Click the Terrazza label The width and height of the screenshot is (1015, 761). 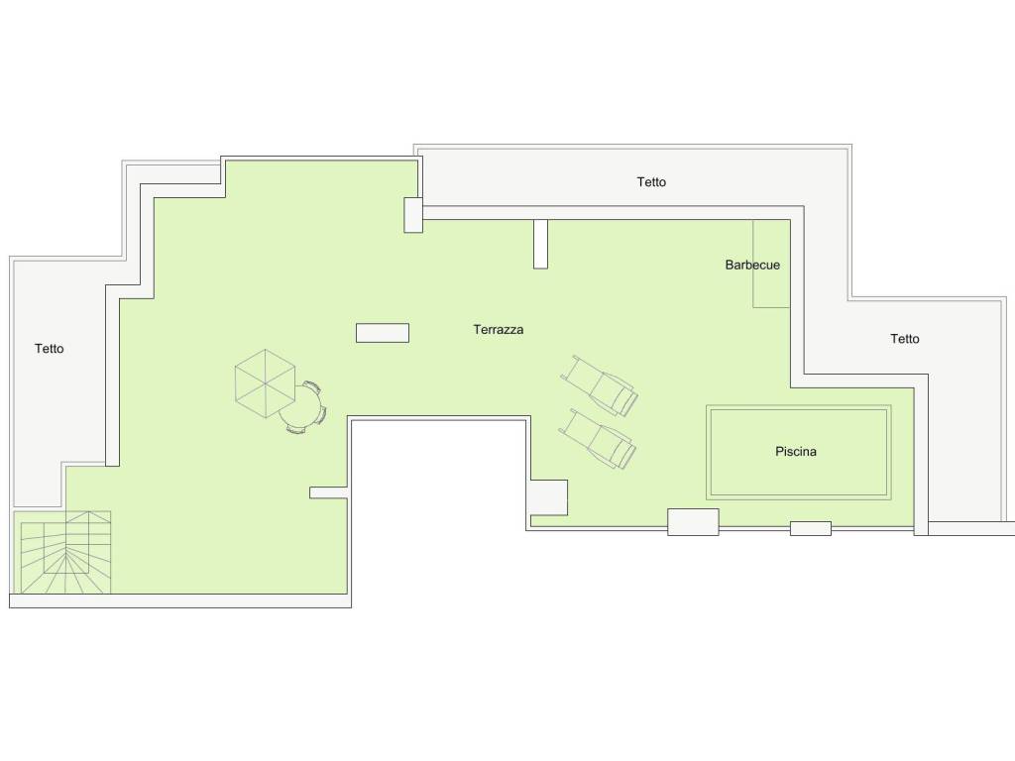coord(498,329)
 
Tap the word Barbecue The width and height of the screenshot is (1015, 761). coord(752,265)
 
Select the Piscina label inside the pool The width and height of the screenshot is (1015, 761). coord(796,451)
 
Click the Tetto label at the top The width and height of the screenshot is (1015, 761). coord(651,182)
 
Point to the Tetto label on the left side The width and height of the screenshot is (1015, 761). coord(50,349)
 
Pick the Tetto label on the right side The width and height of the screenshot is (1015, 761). coord(904,339)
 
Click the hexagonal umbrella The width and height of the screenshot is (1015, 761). coord(266,383)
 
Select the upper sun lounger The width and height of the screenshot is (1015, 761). coord(600,385)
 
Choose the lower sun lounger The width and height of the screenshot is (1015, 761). coord(598,438)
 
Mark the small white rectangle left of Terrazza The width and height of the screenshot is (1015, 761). coord(383,333)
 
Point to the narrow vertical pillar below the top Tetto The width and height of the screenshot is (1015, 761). coord(540,244)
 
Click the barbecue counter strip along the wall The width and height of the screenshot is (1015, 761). coord(771,264)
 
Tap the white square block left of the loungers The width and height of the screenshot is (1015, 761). coord(549,497)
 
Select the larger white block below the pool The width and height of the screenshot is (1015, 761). coord(693,522)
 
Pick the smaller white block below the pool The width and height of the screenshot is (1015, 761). coord(811,529)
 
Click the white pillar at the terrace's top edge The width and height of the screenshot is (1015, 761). coord(413,215)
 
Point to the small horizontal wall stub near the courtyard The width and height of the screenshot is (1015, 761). coord(329,493)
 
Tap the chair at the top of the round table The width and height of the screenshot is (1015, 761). coord(312,387)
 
